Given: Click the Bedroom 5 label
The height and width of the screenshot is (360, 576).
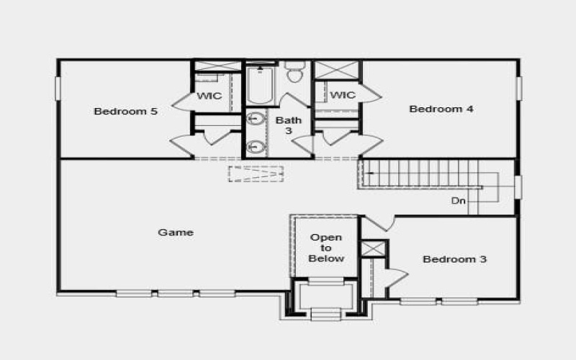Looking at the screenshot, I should click(126, 112).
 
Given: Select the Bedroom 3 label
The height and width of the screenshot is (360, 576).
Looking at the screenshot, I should click(454, 259).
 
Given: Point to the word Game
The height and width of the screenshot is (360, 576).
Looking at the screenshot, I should click(176, 232).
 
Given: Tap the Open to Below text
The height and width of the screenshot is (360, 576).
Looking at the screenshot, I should click(326, 248).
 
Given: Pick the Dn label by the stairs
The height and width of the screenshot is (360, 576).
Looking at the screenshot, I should click(459, 201).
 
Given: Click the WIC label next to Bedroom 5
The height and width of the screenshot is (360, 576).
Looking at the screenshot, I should click(209, 96).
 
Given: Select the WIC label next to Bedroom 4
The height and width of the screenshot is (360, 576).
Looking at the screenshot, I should click(343, 95).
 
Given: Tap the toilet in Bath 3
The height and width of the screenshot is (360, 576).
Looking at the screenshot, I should click(294, 73).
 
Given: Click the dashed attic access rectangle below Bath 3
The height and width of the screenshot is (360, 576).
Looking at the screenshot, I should click(256, 174).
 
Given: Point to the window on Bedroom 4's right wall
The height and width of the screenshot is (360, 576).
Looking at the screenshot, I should click(518, 87).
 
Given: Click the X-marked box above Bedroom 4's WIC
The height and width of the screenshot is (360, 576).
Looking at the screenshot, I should click(337, 71).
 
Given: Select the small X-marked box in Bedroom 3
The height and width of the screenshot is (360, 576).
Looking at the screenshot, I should click(374, 248).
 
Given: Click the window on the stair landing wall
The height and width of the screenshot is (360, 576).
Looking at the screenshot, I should click(517, 186).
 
